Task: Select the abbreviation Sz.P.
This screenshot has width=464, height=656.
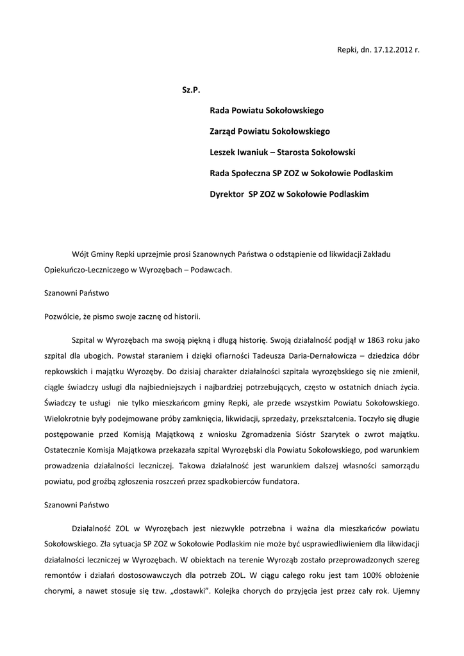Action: pos(191,90)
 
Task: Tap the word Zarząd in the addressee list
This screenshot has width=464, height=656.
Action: pos(224,131)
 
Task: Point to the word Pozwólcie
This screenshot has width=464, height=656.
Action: pos(64,316)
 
